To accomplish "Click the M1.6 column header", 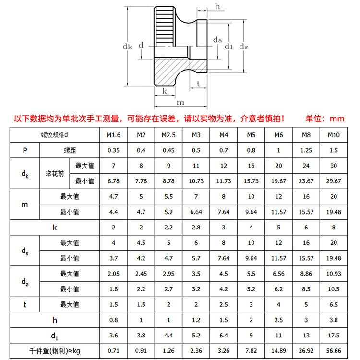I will point(113,135).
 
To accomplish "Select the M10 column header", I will point(334,135).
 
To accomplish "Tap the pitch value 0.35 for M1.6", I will point(113,150).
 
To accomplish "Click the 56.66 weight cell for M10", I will point(334,350).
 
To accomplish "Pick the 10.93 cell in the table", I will point(334,274).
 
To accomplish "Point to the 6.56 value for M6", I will point(278,274).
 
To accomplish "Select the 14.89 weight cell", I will point(278,350).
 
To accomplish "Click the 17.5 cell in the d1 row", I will point(334,335).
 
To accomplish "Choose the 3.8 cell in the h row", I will point(334,320).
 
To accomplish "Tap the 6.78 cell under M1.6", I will point(113,181).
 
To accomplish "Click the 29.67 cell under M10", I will point(334,181).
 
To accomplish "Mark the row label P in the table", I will point(25,150).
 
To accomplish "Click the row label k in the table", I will point(54,228).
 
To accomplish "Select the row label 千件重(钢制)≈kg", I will point(54,350).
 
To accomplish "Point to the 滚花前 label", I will point(54,173).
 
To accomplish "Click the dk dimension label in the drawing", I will point(127,47).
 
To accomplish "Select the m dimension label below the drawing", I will point(180,102).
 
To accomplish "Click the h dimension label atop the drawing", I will point(218,6).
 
